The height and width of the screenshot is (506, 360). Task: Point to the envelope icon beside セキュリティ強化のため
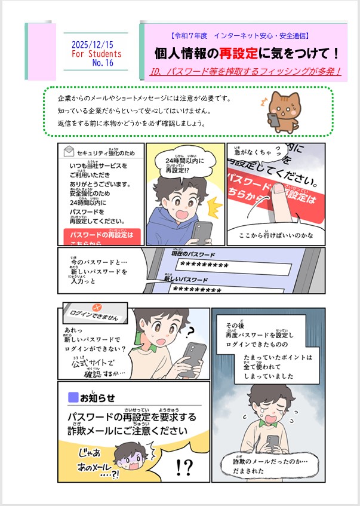68,152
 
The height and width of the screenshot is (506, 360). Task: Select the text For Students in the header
96,54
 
